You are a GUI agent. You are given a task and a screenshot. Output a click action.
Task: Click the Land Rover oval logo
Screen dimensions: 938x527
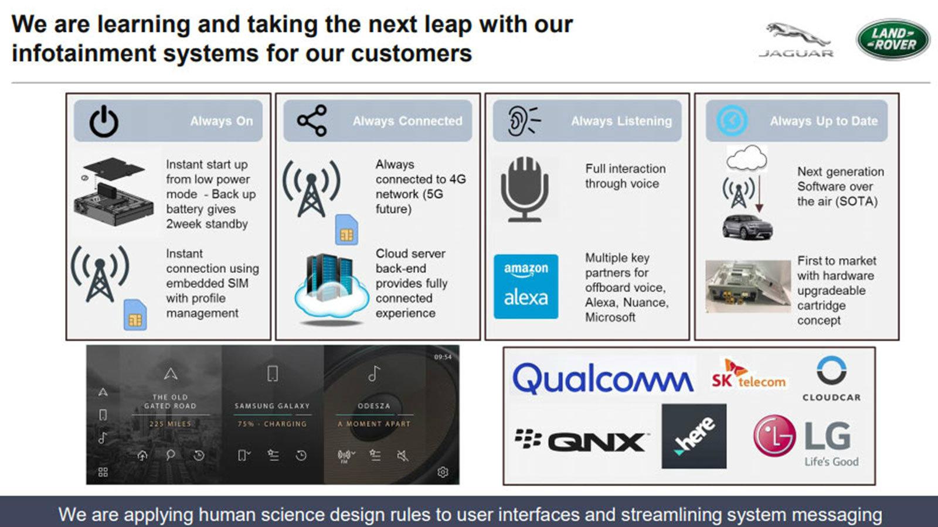point(893,39)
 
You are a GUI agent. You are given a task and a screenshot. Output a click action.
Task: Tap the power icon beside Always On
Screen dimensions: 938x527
point(103,121)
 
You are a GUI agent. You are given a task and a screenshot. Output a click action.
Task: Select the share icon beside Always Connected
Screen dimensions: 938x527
point(312,121)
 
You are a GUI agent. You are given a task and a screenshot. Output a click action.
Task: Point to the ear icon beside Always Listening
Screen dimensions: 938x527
point(524,121)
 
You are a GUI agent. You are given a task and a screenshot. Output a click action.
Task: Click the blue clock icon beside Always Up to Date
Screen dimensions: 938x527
point(732,121)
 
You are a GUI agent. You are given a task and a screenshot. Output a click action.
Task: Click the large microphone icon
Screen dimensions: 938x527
point(524,189)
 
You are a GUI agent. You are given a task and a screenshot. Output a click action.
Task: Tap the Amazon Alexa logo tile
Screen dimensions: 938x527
point(526,286)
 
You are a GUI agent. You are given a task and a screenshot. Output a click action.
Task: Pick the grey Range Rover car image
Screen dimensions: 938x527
point(747,227)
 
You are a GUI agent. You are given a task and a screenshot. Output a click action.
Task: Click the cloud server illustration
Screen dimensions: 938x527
point(329,289)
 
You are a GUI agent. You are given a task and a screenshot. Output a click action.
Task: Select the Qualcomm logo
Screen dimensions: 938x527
point(603,378)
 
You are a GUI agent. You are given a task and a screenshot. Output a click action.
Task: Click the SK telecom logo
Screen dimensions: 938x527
point(748,375)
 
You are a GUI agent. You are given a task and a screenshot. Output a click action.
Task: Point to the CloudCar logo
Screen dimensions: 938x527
point(832,379)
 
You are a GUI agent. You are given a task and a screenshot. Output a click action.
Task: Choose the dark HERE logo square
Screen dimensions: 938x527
point(694,436)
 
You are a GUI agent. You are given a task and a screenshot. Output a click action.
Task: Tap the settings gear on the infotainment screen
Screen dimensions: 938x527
point(443,472)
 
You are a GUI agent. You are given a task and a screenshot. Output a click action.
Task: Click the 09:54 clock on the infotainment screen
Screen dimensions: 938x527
point(443,357)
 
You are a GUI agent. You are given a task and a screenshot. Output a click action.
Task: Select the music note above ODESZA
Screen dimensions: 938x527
point(374,374)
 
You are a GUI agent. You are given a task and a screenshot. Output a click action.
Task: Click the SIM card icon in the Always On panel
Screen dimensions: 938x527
point(135,315)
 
